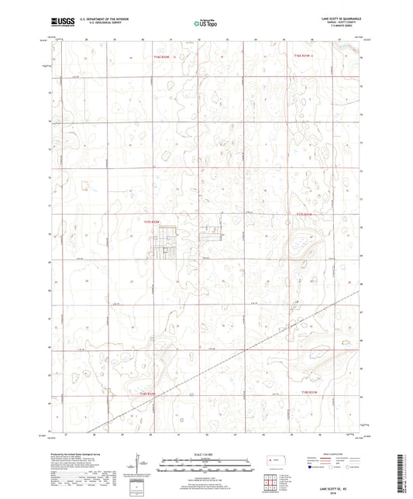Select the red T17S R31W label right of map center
307,215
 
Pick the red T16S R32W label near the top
161,56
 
